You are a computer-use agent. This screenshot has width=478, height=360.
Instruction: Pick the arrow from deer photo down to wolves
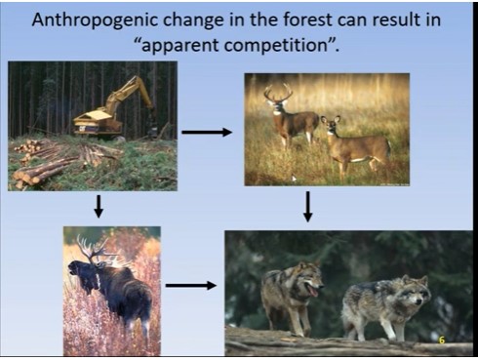click(x=307, y=206)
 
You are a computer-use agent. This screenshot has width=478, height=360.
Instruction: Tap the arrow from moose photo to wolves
click(x=191, y=286)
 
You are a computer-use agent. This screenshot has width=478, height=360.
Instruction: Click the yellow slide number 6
click(x=441, y=340)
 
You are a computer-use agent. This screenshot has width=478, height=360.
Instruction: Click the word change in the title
click(x=183, y=20)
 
